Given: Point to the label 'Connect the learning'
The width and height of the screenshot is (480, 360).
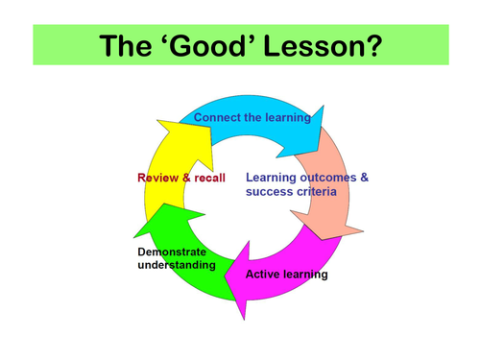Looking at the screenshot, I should pyautogui.click(x=252, y=118).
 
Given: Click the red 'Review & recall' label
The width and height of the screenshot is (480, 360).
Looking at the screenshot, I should pyautogui.click(x=180, y=178).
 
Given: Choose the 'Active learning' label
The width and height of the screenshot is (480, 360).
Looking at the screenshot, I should pyautogui.click(x=286, y=275).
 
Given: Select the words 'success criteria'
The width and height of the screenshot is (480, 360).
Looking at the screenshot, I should pyautogui.click(x=291, y=192).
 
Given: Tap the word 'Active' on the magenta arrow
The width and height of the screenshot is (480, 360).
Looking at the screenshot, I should pyautogui.click(x=263, y=275).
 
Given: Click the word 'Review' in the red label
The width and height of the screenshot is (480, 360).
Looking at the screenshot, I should pyautogui.click(x=157, y=178).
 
